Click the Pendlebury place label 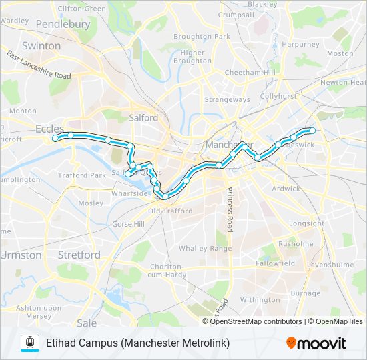click(x=63, y=24)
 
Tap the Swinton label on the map click(x=41, y=46)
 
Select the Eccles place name click(x=50, y=129)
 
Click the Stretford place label click(x=79, y=255)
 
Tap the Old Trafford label click(x=170, y=211)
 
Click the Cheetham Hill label click(x=250, y=72)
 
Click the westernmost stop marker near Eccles click(x=55, y=139)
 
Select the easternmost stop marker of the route click(x=312, y=130)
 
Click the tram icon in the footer click(x=29, y=343)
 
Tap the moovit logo click(x=316, y=343)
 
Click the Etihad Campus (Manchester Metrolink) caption click(x=137, y=343)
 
